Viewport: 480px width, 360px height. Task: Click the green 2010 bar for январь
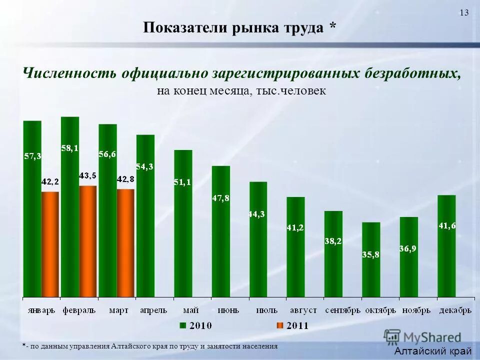coord(32,210)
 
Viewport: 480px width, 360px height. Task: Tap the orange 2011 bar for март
coord(125,243)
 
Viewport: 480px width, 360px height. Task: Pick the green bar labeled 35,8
coord(371,260)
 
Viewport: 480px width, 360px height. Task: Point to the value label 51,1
coord(182,182)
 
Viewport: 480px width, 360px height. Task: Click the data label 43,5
coord(88,175)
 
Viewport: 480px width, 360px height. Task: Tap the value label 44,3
coord(258,214)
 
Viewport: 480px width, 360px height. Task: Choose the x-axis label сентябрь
coord(342,310)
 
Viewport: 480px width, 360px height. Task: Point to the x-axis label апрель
coord(154,310)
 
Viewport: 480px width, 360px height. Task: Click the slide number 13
coord(464,13)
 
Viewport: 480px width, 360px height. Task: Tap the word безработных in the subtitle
coord(410,73)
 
